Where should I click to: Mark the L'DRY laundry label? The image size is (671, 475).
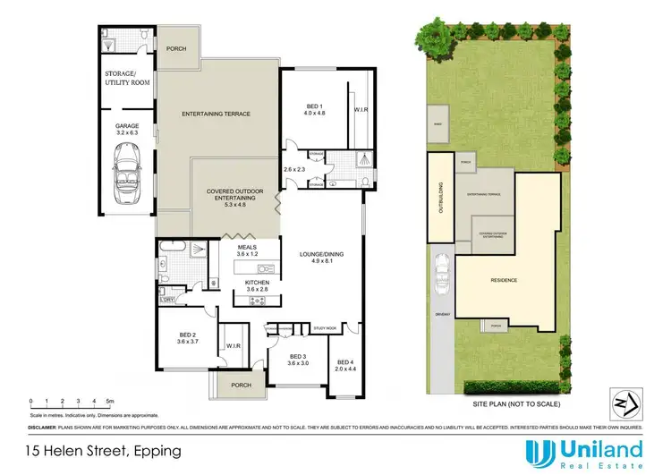167,300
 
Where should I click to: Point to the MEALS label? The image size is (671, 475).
247,250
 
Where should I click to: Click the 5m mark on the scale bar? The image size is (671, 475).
108,401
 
